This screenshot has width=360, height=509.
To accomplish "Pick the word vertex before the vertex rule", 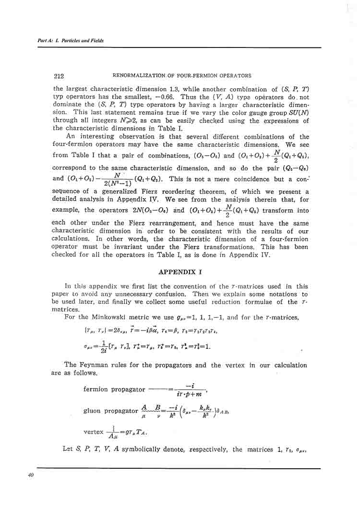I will pyautogui.click(x=94, y=432).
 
